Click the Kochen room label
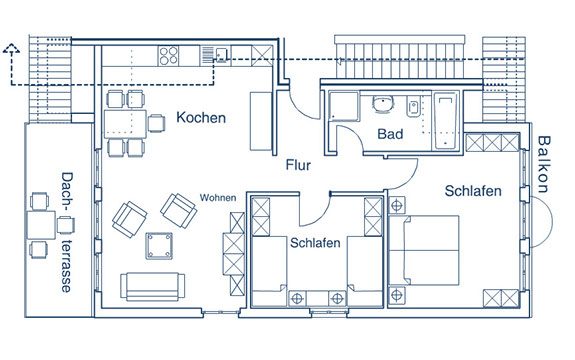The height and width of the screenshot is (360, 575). (x=201, y=118)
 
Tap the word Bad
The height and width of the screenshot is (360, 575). (x=390, y=134)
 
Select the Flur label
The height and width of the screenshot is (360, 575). (x=298, y=165)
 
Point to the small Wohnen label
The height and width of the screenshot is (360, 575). (x=218, y=198)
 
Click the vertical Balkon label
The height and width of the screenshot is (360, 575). (x=544, y=164)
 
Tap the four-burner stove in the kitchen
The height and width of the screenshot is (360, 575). (x=169, y=56)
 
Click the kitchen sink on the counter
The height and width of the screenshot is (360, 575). (x=221, y=55)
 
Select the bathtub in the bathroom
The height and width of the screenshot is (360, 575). (x=446, y=121)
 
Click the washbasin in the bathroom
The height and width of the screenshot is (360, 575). (x=383, y=103)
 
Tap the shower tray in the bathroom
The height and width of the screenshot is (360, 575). (x=344, y=106)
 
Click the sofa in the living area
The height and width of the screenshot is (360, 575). (x=153, y=286)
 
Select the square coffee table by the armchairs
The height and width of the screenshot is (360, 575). (x=159, y=246)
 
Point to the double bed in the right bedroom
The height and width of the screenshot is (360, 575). (x=424, y=250)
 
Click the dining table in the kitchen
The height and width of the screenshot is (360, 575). (x=125, y=124)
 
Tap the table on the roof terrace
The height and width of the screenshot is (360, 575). (x=41, y=225)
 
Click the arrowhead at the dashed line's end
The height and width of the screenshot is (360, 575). (x=11, y=49)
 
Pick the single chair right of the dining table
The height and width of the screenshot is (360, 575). (x=157, y=123)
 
